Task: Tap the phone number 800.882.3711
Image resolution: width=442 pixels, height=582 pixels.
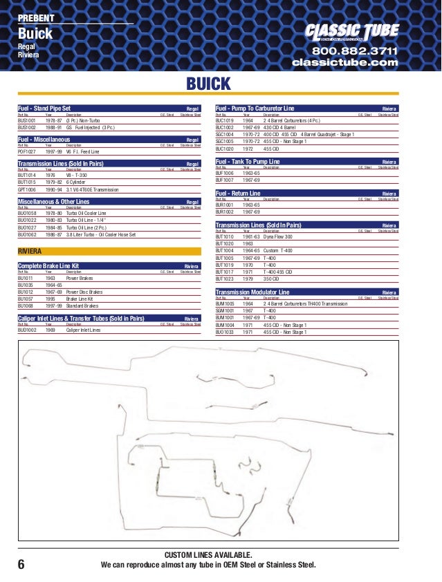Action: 355,51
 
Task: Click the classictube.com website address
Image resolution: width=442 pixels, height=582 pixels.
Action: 345,63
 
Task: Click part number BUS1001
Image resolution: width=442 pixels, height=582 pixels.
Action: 27,120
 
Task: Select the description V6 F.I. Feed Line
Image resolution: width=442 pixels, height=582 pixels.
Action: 83,151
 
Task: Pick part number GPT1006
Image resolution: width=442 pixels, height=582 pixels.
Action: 28,189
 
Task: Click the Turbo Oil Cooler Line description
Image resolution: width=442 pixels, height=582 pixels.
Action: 86,214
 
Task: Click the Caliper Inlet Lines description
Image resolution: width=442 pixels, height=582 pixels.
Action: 83,330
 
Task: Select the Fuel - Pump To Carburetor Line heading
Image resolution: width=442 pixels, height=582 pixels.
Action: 255,109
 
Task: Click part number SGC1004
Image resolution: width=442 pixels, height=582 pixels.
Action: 225,134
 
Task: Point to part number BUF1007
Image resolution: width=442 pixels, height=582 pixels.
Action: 225,179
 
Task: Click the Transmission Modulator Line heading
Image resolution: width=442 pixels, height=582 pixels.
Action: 252,292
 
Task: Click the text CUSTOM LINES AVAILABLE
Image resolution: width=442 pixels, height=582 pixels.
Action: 208,555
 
